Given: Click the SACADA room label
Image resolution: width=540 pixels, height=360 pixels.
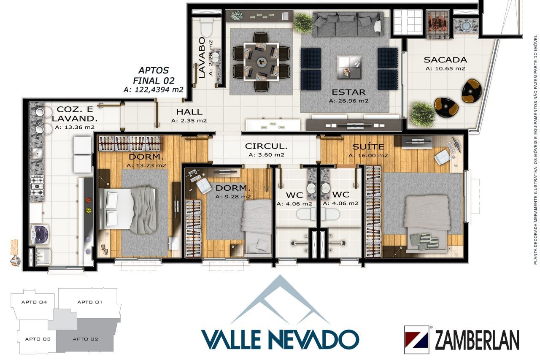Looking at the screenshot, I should coord(445,60).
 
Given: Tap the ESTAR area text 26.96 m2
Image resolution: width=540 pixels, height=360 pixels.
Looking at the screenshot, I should coord(348,101).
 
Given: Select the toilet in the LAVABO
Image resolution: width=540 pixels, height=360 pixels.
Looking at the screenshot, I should coord(207,28).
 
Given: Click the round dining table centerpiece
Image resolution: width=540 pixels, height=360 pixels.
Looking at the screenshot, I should coord(262,62).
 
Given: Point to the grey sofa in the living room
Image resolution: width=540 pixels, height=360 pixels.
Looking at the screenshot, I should coord(348,24).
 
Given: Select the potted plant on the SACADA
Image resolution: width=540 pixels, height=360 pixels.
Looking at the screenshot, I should coord(422,113).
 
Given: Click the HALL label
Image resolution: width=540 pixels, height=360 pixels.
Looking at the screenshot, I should coord(189,112).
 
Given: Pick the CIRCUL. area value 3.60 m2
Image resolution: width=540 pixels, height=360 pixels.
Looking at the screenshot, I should coord(266,155).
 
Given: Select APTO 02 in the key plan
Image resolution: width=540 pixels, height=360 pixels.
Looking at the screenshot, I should coord(85,339).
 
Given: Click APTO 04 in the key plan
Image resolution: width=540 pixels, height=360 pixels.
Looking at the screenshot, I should coord(35,302).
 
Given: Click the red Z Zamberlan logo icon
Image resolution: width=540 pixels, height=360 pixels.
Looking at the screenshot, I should coord(416,339).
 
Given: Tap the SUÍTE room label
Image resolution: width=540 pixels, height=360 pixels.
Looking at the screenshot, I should coord(368,147).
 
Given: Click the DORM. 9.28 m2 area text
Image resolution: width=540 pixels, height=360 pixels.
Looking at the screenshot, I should coord(233,197).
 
